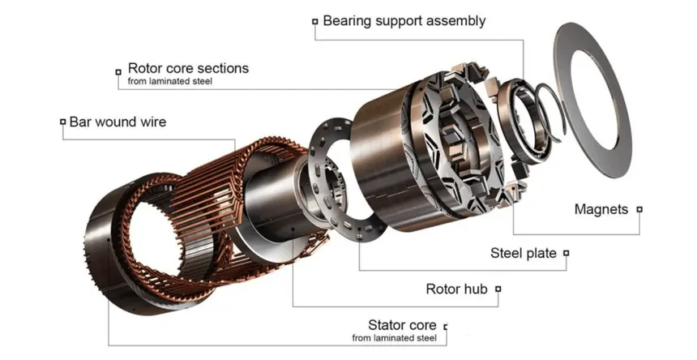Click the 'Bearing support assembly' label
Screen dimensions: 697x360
click(404, 21)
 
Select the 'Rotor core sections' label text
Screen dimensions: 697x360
click(188, 68)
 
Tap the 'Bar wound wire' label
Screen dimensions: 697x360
click(118, 122)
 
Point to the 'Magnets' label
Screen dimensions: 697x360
click(601, 209)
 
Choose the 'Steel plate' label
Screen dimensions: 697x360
click(524, 253)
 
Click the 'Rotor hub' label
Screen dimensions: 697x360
click(456, 289)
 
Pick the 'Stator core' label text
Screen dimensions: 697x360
click(402, 324)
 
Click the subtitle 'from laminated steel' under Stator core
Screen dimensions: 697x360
click(394, 338)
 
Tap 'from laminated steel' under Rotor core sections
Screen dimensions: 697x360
click(170, 81)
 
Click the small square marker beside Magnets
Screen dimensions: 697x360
click(639, 209)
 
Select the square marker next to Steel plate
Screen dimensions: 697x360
click(566, 253)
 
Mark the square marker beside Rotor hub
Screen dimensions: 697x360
click(498, 289)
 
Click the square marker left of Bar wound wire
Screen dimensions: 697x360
click(62, 122)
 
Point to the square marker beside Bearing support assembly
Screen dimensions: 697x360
click(315, 21)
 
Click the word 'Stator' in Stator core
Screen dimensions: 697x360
click(387, 324)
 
